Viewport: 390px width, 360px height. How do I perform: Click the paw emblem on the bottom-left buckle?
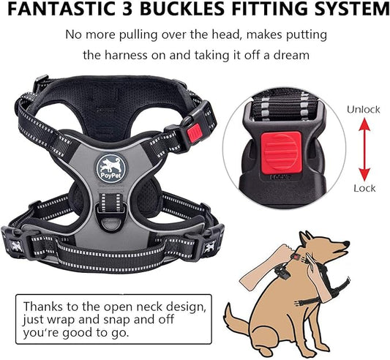coord(18,245)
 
